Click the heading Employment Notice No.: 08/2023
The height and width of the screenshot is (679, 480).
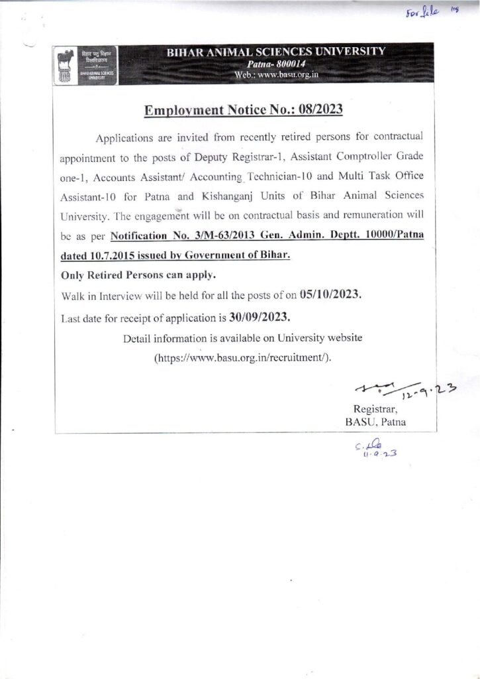[x=243, y=109]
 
